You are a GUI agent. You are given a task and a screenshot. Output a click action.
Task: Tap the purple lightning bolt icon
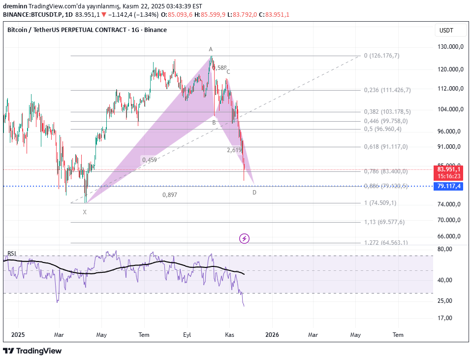[x=245, y=239]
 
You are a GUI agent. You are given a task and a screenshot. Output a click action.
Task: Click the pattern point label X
[x=85, y=212]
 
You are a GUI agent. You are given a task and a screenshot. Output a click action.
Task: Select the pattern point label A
[x=211, y=49]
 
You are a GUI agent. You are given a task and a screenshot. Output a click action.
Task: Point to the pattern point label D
[x=254, y=193]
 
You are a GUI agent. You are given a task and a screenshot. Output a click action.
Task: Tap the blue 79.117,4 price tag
[x=450, y=186]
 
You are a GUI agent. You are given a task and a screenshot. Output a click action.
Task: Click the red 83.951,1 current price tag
[x=450, y=169]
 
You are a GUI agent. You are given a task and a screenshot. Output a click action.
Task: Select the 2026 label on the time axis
[x=272, y=335]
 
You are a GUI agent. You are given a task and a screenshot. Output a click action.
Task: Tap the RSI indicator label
[x=11, y=254]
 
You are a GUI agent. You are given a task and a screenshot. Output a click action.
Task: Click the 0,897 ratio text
[x=170, y=195]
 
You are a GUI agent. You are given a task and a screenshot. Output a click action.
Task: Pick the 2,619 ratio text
[x=234, y=150]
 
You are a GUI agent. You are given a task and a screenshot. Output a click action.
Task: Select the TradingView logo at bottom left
[x=32, y=351]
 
